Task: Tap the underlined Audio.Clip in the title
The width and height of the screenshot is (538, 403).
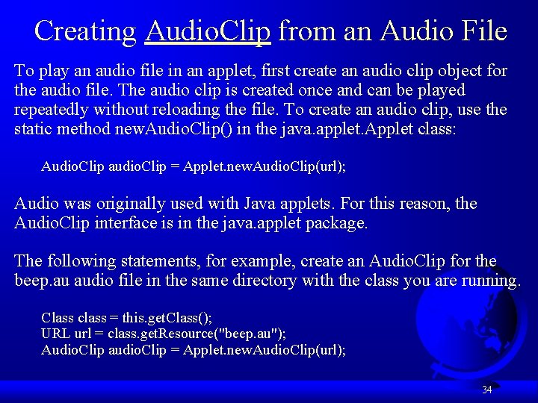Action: (x=208, y=31)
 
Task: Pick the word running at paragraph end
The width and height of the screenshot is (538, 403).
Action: (x=491, y=281)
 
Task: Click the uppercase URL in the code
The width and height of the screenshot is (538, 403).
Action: (x=56, y=333)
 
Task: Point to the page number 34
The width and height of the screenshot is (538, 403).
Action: (x=486, y=390)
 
